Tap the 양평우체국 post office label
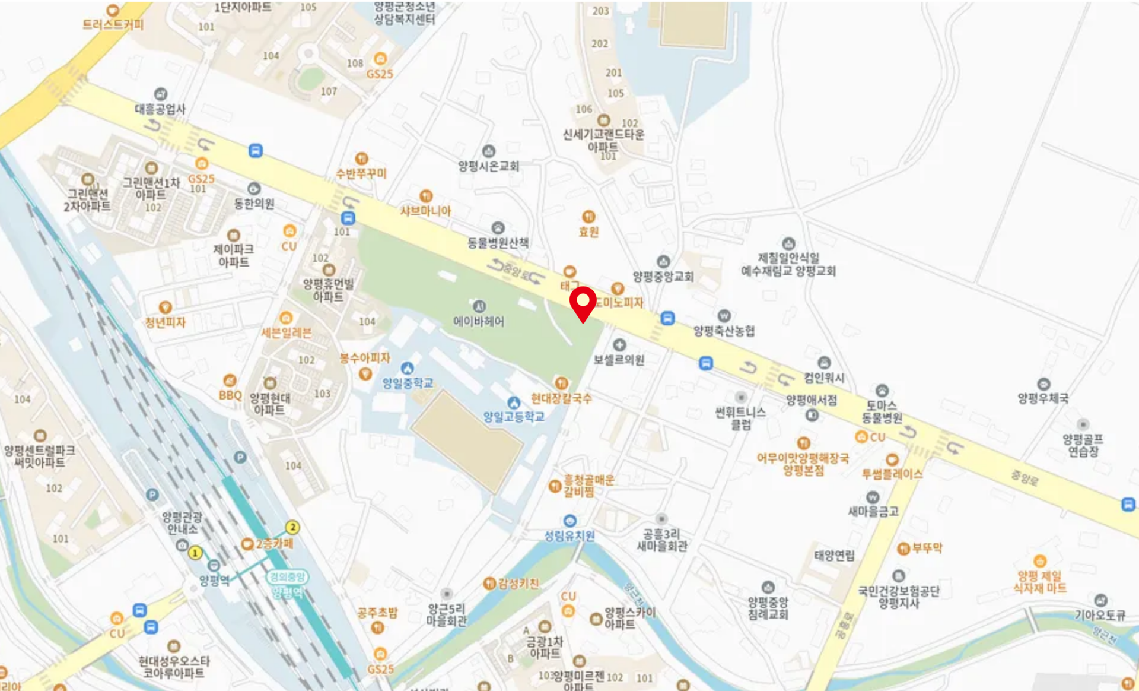(1043, 398)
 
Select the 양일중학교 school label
(408, 383)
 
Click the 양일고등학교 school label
(514, 417)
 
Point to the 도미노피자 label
(619, 302)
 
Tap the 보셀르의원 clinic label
(619, 359)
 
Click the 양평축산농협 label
(724, 331)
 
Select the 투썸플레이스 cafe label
(892, 473)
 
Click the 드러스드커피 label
(113, 24)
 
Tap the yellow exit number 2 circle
(292, 527)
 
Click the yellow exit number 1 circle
(195, 553)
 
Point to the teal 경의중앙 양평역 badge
(287, 584)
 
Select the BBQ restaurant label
(230, 395)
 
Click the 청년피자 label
(166, 322)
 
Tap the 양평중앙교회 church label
(663, 276)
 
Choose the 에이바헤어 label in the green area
(479, 321)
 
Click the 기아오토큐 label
(1100, 615)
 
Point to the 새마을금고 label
(873, 511)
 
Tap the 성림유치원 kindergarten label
(569, 535)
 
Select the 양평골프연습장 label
(1083, 445)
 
